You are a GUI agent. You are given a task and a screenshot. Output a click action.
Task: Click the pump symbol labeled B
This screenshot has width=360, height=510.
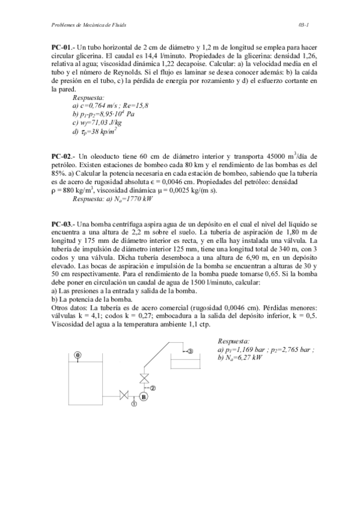click(x=144, y=396)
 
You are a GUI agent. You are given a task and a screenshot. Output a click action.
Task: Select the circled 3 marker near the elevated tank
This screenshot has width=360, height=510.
click(x=190, y=351)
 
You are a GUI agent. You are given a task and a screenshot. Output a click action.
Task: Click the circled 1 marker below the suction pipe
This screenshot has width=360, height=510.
click(x=133, y=405)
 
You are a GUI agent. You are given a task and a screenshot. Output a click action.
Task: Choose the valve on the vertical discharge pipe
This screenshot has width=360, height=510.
click(x=144, y=378)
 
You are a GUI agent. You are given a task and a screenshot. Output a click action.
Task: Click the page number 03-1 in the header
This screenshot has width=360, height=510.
click(x=303, y=24)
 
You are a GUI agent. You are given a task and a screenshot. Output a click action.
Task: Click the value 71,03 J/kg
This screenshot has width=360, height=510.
click(x=102, y=121)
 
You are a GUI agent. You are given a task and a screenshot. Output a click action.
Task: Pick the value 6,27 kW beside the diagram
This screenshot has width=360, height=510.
click(x=245, y=357)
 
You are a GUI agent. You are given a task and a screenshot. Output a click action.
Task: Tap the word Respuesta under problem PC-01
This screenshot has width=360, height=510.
click(x=88, y=96)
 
